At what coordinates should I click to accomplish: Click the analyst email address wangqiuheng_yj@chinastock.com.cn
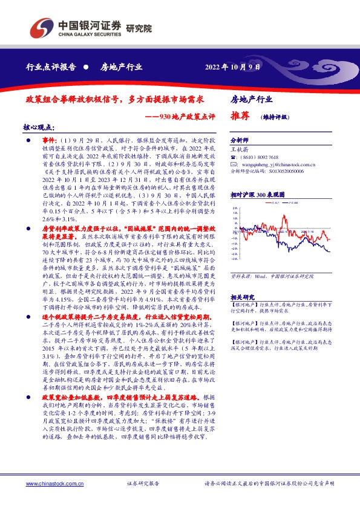coord(283,163)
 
